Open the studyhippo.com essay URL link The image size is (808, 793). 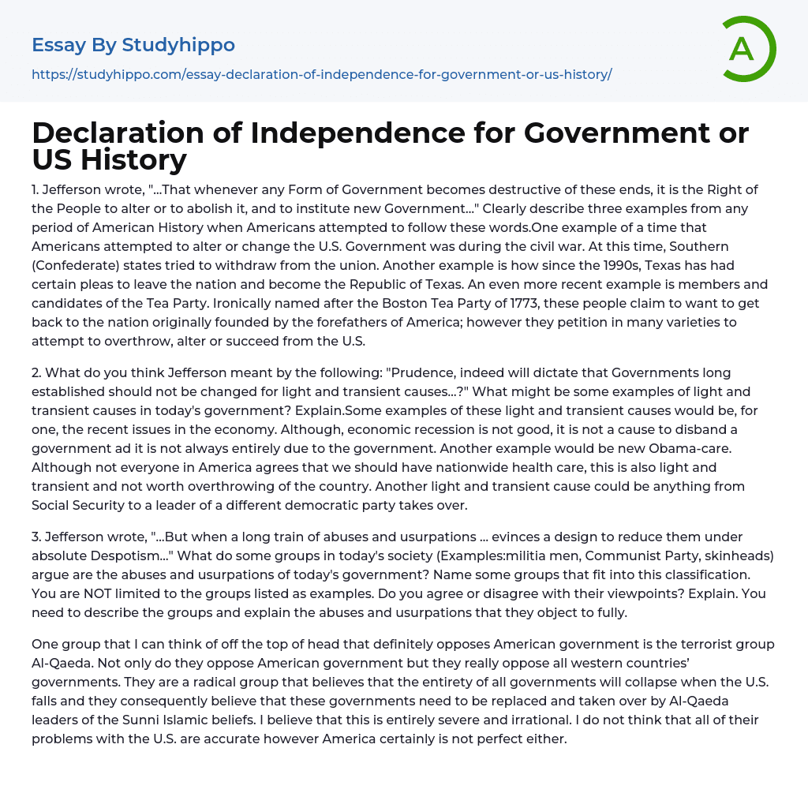coord(322,75)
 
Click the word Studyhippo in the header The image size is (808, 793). coord(178,45)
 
